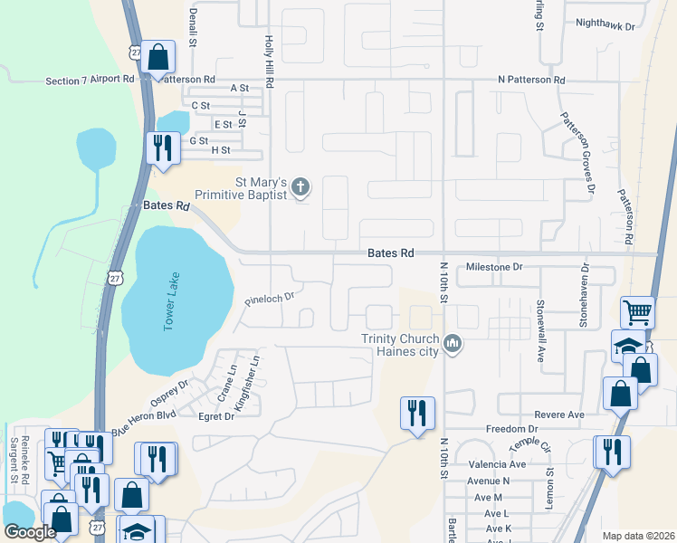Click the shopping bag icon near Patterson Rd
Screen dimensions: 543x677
(x=157, y=58)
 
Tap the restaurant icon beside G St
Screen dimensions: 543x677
(x=162, y=148)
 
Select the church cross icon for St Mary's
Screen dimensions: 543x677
(x=301, y=188)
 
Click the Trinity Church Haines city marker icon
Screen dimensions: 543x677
(x=454, y=343)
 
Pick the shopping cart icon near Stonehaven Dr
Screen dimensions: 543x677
(x=637, y=313)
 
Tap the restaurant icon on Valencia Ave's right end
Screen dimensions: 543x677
(x=611, y=451)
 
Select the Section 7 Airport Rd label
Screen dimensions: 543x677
(x=90, y=81)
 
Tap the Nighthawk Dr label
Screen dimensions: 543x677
(x=605, y=25)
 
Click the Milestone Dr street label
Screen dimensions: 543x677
(x=494, y=267)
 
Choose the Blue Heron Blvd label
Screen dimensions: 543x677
(x=143, y=420)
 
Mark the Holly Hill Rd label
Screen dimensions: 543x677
(x=269, y=62)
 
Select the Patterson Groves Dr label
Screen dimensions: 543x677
(x=577, y=152)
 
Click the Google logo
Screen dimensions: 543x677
(x=30, y=532)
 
